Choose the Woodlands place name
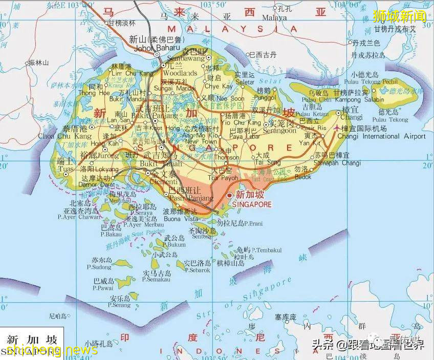tap(180, 73)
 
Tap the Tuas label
tap(66, 167)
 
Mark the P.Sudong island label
tap(99, 267)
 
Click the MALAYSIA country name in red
tap(233, 29)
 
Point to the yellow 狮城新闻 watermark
tap(399, 16)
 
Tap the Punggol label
tap(265, 97)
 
